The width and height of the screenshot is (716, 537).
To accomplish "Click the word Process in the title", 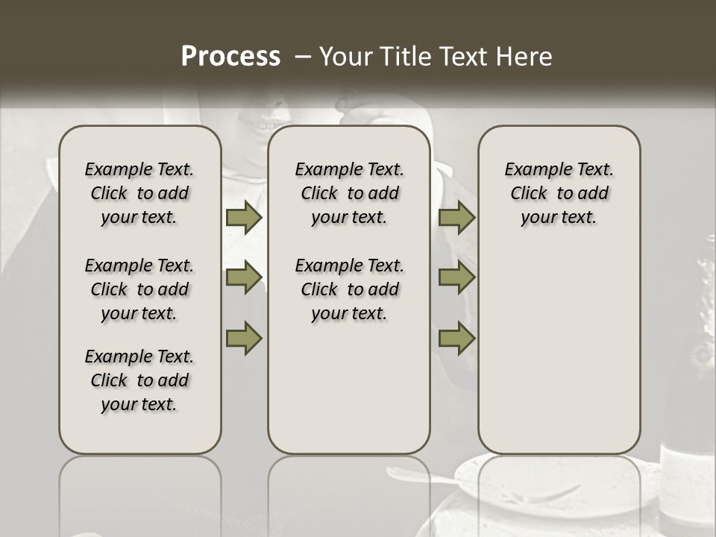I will pyautogui.click(x=230, y=56).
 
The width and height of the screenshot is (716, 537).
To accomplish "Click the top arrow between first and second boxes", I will pyautogui.click(x=244, y=218).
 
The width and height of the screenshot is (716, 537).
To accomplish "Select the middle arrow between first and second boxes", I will pyautogui.click(x=244, y=277).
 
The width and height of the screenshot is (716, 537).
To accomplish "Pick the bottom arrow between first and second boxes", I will pyautogui.click(x=244, y=337).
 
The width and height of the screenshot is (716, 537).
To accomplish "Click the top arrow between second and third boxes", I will pyautogui.click(x=456, y=218).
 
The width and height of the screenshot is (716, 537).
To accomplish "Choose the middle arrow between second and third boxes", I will pyautogui.click(x=456, y=277).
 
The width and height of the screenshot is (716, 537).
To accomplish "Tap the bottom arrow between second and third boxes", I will pyautogui.click(x=456, y=337).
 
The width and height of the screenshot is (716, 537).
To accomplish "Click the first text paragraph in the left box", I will pyautogui.click(x=139, y=193).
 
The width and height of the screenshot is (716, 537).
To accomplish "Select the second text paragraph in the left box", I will pyautogui.click(x=139, y=289).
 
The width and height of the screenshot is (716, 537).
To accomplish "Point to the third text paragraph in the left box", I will pyautogui.click(x=139, y=380).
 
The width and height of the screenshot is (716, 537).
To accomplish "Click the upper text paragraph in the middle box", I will pyautogui.click(x=349, y=193).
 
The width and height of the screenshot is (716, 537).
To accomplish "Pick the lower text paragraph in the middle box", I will pyautogui.click(x=349, y=289).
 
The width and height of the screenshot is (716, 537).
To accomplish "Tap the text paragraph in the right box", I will pyautogui.click(x=559, y=193).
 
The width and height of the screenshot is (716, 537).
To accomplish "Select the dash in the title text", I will pyautogui.click(x=303, y=57).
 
